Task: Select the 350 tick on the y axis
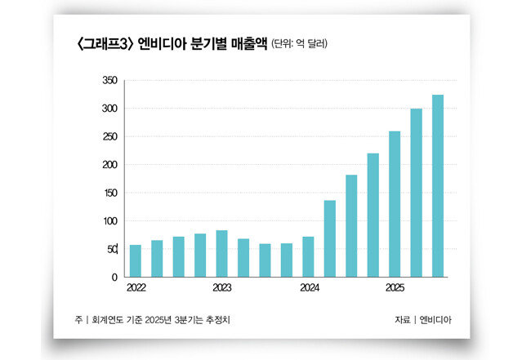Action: (x=109, y=80)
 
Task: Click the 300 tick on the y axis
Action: (x=109, y=109)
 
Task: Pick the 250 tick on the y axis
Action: (x=109, y=136)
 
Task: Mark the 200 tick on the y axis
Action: (x=109, y=165)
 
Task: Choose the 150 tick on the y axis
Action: (x=109, y=193)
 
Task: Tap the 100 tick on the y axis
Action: (x=109, y=221)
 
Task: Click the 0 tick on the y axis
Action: (x=114, y=278)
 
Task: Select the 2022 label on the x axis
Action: (x=136, y=288)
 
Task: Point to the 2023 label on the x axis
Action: (x=222, y=288)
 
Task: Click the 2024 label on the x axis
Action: (x=309, y=288)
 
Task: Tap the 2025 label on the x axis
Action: (x=395, y=288)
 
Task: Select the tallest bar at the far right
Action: (x=438, y=186)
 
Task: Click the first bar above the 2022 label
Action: (x=136, y=260)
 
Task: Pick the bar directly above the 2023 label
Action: (x=222, y=254)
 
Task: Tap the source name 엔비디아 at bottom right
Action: (x=434, y=319)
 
